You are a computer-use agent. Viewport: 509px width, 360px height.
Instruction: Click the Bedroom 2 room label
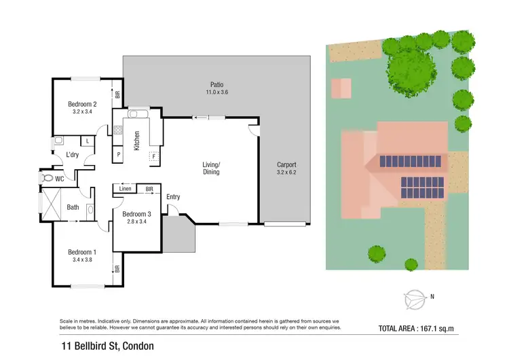82,104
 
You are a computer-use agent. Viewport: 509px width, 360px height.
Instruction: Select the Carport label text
287,165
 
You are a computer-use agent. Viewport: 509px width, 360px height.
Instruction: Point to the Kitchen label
136,140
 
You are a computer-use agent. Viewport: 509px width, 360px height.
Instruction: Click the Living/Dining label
212,168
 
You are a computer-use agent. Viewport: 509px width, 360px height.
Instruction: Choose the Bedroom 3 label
136,215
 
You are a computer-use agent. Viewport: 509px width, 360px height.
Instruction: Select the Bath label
73,209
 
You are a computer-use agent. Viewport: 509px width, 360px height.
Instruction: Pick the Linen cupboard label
125,188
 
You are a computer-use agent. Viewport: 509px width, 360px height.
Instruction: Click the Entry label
173,197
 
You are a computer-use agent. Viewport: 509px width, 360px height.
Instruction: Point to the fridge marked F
153,156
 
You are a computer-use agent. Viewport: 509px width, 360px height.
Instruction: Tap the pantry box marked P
119,154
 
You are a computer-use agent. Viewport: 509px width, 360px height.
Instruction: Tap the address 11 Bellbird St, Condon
107,346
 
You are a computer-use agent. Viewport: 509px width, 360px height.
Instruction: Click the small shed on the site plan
341,88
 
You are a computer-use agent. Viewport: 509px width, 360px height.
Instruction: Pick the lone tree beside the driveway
377,254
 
